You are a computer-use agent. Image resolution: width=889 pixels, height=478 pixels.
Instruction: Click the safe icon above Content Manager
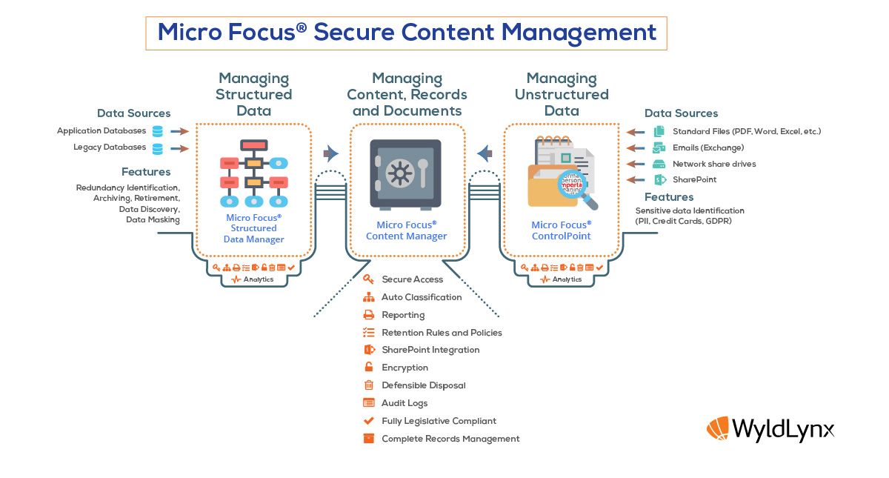coord(405,174)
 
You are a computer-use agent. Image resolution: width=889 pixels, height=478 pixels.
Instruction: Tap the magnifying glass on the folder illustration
coord(576,188)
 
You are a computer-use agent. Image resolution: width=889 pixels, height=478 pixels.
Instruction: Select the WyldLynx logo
coord(770,429)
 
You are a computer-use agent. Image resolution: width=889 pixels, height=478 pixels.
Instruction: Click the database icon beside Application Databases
coord(158,131)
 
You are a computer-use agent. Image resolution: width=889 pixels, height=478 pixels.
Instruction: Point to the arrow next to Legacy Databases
coord(179,148)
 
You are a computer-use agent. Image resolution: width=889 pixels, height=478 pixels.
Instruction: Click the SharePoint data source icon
coord(659,180)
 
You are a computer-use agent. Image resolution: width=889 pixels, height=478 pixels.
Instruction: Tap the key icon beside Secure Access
coord(368,279)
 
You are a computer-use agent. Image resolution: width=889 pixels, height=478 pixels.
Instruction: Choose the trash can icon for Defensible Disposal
coord(369,385)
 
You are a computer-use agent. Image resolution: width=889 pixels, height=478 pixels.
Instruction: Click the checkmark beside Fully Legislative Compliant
coord(369,420)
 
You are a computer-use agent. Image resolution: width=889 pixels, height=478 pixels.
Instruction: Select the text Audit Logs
coord(404,403)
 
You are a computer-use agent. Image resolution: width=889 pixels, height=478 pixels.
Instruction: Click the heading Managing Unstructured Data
coord(562,95)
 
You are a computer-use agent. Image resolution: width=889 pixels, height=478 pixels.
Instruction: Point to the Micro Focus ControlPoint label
coord(562,230)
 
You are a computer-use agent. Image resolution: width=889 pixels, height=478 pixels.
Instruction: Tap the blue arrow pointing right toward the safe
coord(330,153)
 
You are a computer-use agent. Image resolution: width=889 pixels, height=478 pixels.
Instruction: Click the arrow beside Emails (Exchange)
coord(636,148)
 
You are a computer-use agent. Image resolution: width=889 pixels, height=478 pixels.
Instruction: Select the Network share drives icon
coord(659,164)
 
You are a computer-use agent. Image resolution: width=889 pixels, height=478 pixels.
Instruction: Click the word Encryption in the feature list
coord(404,368)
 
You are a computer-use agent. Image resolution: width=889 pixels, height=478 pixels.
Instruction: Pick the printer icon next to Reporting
coord(369,315)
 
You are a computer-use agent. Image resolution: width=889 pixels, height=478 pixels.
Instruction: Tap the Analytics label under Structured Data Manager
coord(259,279)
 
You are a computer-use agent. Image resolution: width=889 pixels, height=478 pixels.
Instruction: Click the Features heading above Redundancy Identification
coord(146,172)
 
